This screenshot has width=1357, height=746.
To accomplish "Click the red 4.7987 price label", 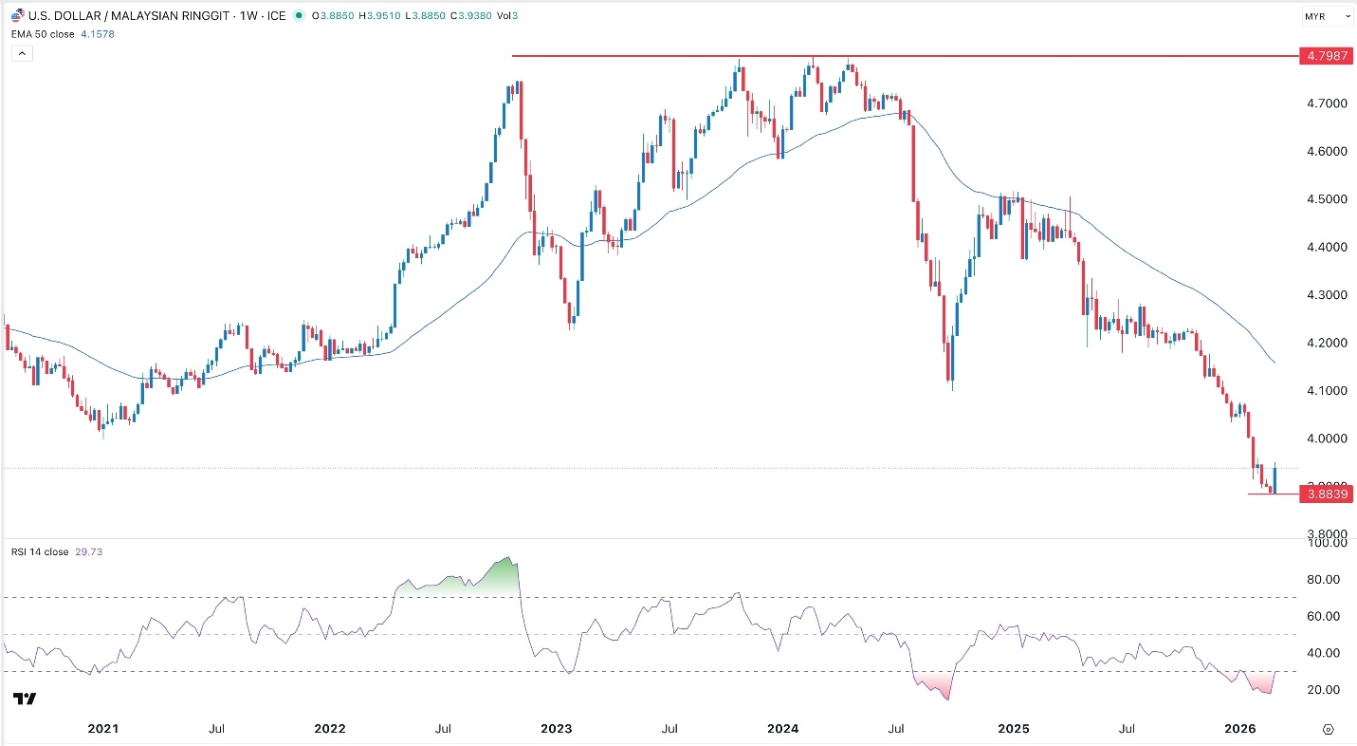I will [1326, 56].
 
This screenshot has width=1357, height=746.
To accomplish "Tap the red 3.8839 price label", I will [1326, 494].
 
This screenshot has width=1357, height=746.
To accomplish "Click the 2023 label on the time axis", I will [556, 729].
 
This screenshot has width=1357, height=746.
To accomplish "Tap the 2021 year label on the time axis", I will [102, 729].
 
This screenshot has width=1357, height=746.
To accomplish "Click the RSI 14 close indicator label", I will [40, 551].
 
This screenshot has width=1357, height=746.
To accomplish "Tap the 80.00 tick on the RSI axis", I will [1320, 579].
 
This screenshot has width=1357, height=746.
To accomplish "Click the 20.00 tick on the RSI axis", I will [1320, 689].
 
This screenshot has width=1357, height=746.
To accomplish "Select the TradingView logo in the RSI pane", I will [25, 699].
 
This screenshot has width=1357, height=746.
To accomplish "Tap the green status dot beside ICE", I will [300, 16].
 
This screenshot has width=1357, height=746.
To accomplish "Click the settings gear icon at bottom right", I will [1328, 729].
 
